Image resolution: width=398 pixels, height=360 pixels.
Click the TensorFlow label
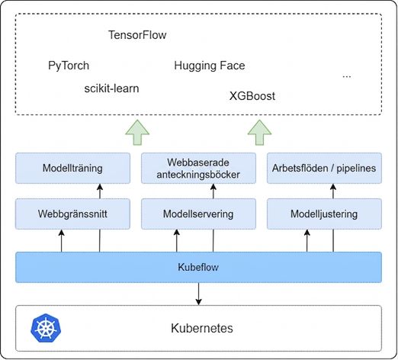137,35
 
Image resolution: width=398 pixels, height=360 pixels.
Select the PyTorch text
69,66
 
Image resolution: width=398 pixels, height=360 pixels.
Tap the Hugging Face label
210,66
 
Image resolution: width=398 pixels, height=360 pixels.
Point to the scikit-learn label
111,88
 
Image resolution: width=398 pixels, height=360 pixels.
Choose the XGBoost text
252,96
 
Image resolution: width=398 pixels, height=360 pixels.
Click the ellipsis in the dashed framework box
347,76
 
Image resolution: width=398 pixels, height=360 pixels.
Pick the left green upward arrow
137,133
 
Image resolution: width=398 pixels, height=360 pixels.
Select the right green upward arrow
259,133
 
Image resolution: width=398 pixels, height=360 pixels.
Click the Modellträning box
72,168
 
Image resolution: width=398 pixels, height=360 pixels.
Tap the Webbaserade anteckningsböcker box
198,168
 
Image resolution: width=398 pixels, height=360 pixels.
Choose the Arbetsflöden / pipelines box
324,168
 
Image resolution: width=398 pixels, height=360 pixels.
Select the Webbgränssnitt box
72,214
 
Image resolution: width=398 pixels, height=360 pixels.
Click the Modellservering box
198,214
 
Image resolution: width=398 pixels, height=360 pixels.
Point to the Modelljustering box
324,214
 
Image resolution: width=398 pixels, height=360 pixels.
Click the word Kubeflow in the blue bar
198,267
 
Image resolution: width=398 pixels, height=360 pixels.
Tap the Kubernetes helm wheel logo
46,328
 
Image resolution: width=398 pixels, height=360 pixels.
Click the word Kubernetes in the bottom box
202,328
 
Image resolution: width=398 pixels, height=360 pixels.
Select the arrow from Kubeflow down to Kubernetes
198,294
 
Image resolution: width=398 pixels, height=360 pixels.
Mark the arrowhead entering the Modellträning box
100,187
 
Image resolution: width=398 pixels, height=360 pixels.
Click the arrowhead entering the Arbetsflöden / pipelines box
333,187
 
